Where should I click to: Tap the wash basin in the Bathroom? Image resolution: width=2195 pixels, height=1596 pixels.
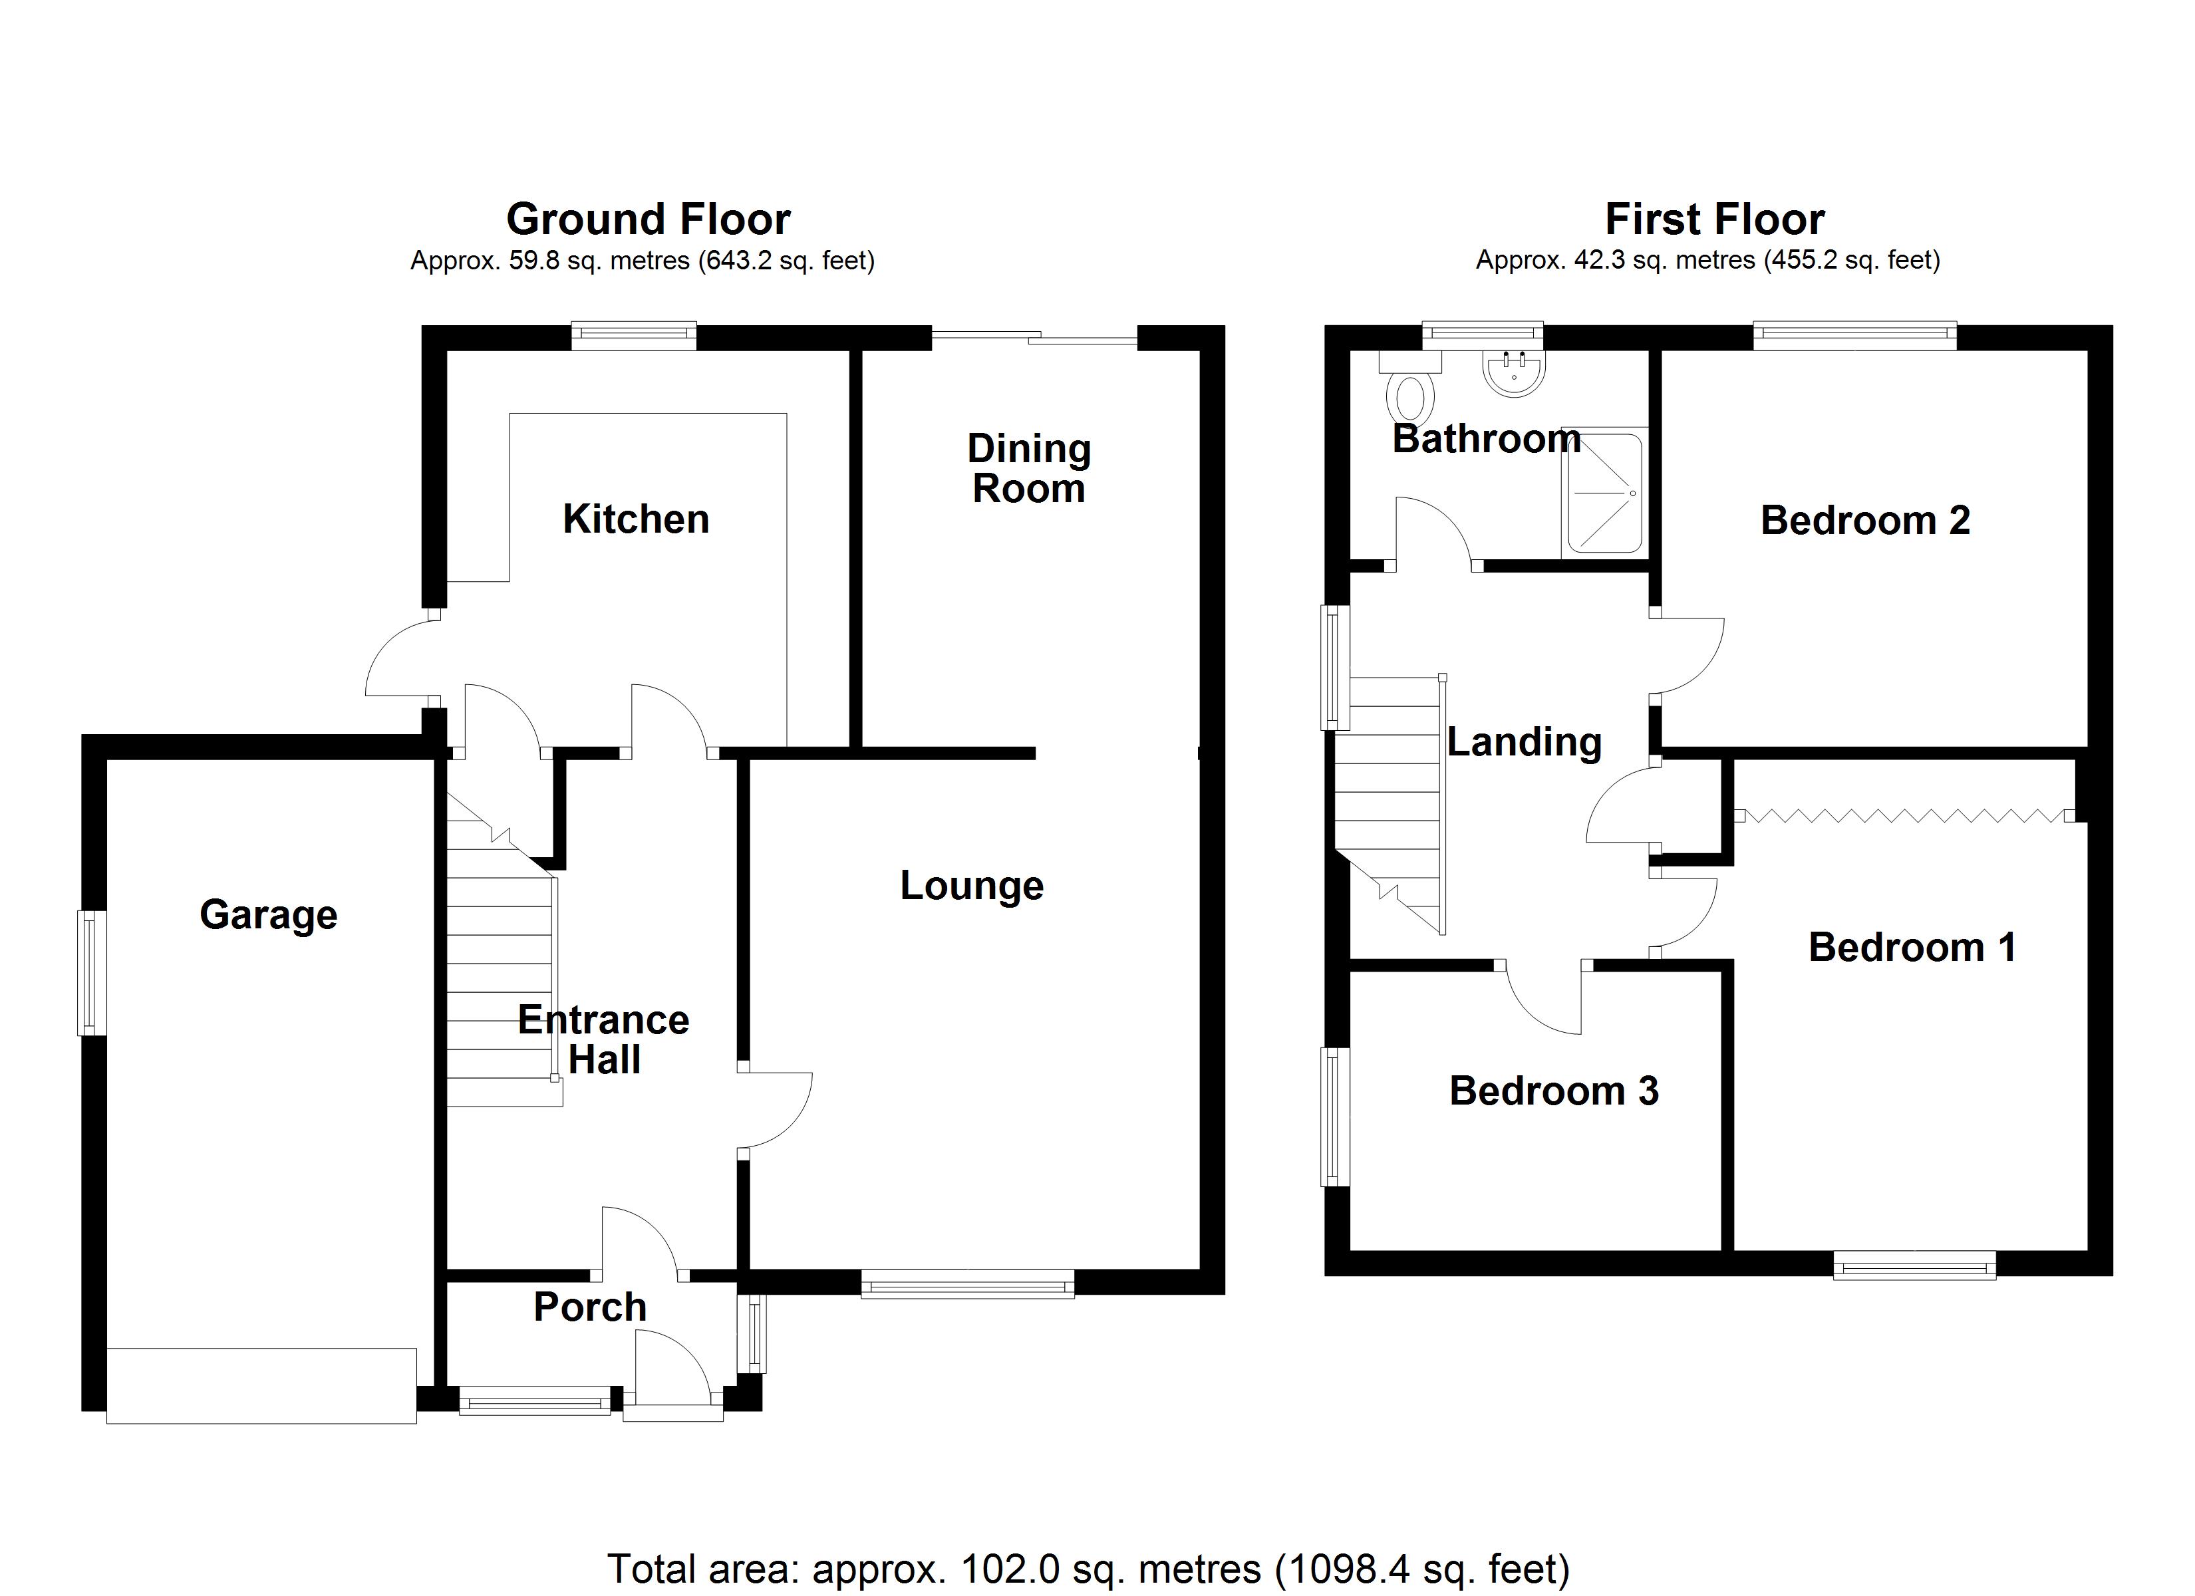1513,372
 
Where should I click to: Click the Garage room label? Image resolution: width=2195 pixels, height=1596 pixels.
268,914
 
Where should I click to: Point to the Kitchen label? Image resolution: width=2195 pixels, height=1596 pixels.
636,520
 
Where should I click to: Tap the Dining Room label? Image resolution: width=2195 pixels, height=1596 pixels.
1029,468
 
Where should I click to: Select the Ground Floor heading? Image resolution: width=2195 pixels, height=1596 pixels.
649,219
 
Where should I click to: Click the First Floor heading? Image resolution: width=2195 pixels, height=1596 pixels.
1715,219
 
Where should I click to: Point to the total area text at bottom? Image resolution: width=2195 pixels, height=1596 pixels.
1088,1569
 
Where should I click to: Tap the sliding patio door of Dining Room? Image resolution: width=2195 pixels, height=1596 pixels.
1034,338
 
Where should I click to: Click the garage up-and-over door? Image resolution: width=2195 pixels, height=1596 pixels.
261,1386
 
